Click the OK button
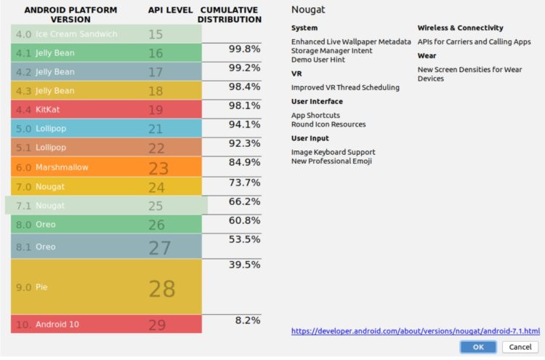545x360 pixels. tap(478, 347)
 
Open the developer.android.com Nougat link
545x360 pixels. tap(415, 330)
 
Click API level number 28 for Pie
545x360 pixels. tap(161, 288)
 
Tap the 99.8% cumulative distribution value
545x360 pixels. tap(245, 49)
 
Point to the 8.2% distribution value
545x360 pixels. tap(246, 320)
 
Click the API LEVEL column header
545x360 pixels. tap(165, 10)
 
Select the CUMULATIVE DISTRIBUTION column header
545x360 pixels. tap(229, 15)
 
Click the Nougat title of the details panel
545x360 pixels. tap(307, 10)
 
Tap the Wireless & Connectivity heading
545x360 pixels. tap(460, 28)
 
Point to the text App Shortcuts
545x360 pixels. tap(315, 115)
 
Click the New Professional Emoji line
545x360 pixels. tap(331, 161)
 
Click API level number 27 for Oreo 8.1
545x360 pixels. tap(160, 247)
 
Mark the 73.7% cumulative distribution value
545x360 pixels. tap(245, 182)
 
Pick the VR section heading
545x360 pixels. tap(296, 73)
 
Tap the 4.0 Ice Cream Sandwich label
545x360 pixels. tap(66, 34)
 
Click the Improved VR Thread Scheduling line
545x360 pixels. tap(345, 87)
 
